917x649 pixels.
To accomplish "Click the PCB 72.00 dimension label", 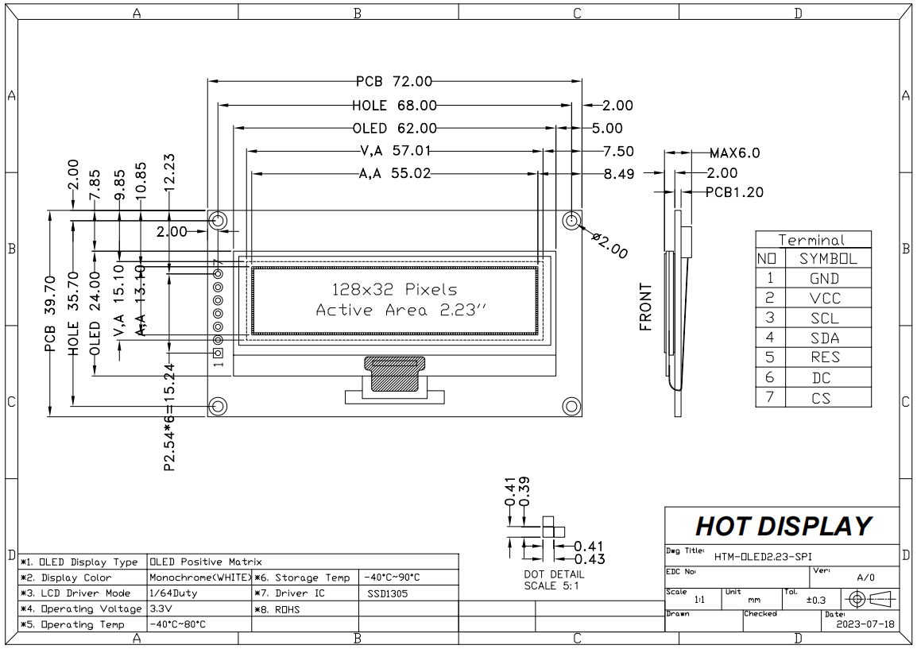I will click(393, 81).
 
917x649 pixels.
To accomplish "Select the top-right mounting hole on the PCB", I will click(571, 220).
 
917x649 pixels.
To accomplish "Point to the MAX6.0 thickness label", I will click(736, 153).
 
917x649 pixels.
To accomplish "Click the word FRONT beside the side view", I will click(645, 306).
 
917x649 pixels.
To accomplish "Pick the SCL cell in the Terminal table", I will click(824, 319).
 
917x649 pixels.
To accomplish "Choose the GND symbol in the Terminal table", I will click(824, 279).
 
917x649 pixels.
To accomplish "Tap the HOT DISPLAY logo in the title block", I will click(783, 526).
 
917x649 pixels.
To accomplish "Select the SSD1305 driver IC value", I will click(388, 593).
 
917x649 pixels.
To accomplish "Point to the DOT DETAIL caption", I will click(554, 574).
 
